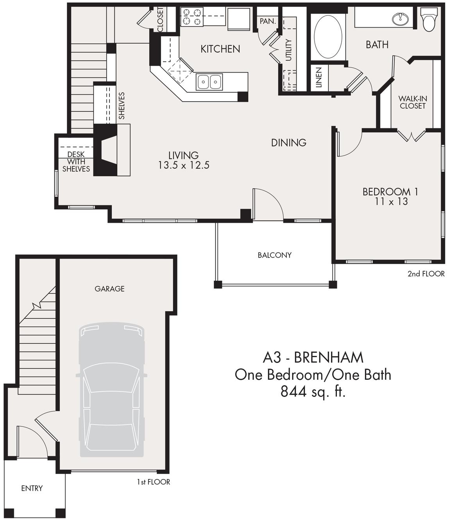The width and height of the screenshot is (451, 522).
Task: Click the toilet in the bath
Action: pyautogui.click(x=429, y=20)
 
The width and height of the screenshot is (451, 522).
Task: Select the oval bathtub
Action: pyautogui.click(x=328, y=37)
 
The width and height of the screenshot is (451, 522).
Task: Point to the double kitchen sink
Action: pyautogui.click(x=210, y=82)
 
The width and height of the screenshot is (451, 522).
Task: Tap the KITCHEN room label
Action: pyautogui.click(x=220, y=49)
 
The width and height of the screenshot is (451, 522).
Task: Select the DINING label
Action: pyautogui.click(x=288, y=143)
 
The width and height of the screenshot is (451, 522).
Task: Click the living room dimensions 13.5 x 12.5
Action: pyautogui.click(x=184, y=165)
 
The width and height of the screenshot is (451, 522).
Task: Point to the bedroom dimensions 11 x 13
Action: pyautogui.click(x=391, y=202)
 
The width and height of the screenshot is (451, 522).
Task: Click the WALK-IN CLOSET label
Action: pyautogui.click(x=413, y=102)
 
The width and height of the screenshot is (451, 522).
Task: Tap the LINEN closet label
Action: pyautogui.click(x=319, y=77)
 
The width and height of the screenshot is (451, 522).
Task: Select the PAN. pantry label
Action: pyautogui.click(x=268, y=21)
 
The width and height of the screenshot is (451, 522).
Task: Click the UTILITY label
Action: pyautogui.click(x=288, y=50)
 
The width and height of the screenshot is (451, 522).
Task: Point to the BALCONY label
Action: pyautogui.click(x=275, y=255)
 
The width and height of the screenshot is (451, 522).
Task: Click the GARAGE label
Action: pyautogui.click(x=109, y=289)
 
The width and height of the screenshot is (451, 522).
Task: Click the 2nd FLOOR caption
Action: pyautogui.click(x=426, y=274)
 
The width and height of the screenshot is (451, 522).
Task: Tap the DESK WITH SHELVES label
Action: pyautogui.click(x=76, y=162)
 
